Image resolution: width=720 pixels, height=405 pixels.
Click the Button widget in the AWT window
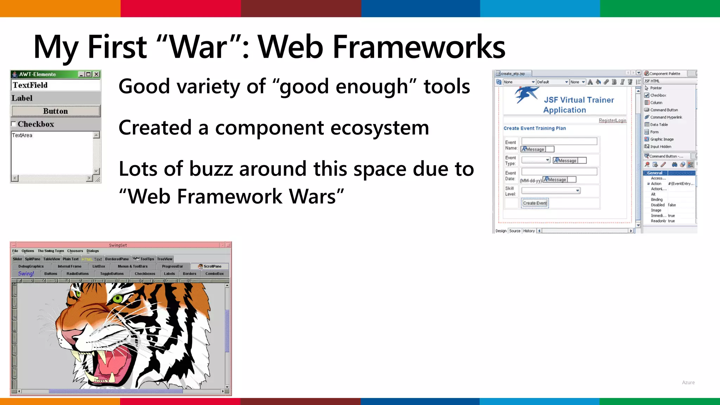tap(56, 111)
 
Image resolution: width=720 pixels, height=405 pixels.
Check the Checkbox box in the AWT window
tap(14, 124)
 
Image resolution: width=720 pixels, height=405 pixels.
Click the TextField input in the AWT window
tap(56, 85)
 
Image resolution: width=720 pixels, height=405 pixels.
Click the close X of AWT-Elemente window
tap(96, 74)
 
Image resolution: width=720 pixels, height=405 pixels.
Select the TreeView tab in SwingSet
tap(165, 259)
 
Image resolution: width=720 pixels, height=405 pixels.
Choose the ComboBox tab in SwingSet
tap(214, 274)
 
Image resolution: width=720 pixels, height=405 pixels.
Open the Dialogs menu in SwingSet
tap(93, 251)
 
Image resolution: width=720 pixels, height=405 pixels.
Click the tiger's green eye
tap(118, 299)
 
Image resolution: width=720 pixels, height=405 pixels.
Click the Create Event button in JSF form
tap(535, 203)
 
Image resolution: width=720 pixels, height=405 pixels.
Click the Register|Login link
tap(612, 121)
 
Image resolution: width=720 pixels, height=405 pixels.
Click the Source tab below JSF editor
tap(515, 231)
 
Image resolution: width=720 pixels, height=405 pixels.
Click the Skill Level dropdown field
tap(551, 191)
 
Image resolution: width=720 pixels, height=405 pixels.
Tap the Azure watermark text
tap(688, 382)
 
